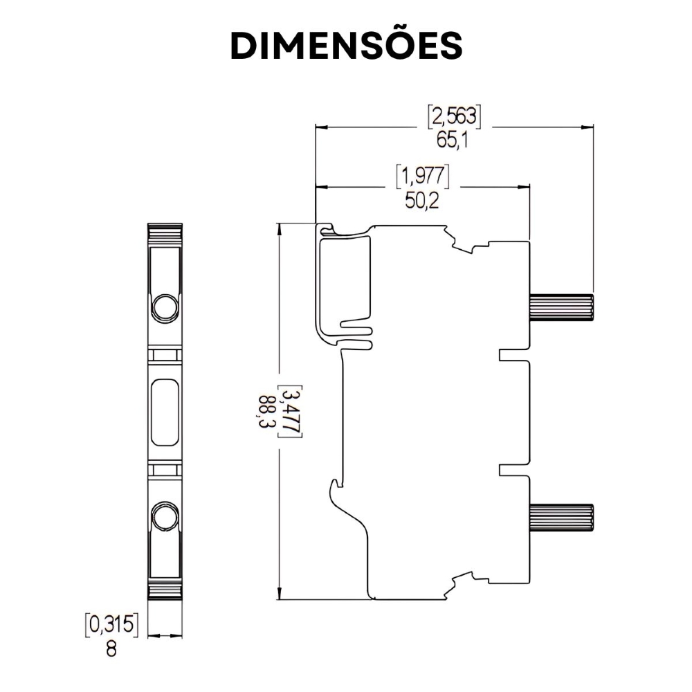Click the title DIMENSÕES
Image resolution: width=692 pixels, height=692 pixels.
(346, 46)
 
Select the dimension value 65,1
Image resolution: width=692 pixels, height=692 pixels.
(453, 140)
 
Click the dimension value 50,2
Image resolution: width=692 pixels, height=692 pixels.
(422, 201)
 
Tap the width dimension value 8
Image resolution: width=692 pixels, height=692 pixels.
(111, 650)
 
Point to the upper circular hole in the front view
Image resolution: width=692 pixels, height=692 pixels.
(165, 307)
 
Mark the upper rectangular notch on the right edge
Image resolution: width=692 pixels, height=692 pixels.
(513, 355)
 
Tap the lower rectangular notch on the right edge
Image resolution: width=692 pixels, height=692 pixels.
(513, 470)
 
